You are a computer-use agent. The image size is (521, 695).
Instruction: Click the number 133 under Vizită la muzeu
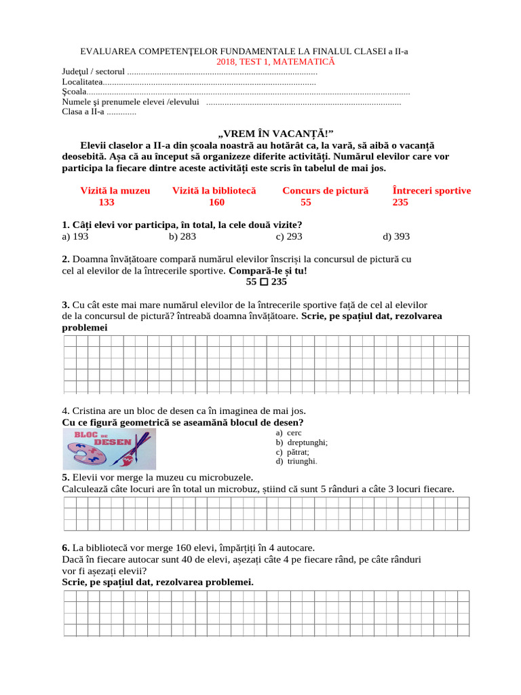click(x=107, y=202)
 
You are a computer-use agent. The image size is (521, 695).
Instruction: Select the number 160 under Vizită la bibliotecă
click(x=216, y=202)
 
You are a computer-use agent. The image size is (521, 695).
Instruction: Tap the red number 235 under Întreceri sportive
click(x=400, y=202)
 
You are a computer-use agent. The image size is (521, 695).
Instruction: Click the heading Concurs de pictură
click(x=325, y=191)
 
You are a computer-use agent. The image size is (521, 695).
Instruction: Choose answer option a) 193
click(x=75, y=236)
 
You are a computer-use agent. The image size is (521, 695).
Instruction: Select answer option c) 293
click(x=289, y=236)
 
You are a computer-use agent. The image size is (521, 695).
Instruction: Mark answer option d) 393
click(x=396, y=236)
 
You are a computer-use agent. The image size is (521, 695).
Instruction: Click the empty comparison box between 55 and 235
click(x=264, y=282)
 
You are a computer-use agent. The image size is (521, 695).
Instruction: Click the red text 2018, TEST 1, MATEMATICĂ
click(x=275, y=62)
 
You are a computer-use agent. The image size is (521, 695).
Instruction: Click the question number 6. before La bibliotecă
click(x=65, y=548)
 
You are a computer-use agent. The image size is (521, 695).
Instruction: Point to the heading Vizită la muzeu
click(x=115, y=191)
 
